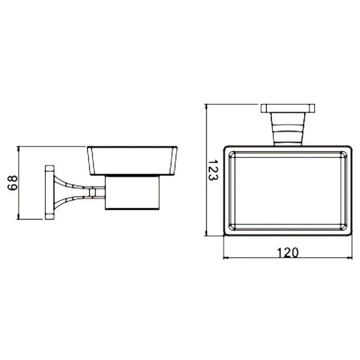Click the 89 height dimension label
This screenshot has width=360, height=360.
pos(12,183)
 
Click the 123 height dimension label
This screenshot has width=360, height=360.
pos(213,170)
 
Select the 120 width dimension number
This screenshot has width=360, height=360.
pos(288,253)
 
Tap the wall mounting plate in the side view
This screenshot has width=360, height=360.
pos(49,192)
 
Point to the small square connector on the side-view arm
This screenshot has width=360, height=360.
pos(92,193)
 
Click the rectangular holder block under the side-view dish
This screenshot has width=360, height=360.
pos(132,193)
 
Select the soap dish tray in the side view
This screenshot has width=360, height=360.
pos(132,160)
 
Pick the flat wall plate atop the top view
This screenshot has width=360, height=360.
pos(288,109)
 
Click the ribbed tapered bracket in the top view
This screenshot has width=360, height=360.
pos(288,129)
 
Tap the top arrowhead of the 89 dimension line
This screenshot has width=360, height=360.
pos(19,148)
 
